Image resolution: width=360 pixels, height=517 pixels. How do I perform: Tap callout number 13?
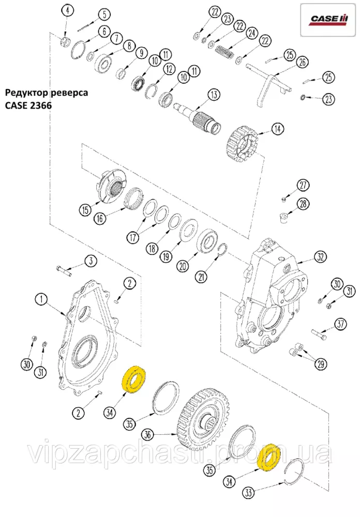213,95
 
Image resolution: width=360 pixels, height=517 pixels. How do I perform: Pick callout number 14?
278,129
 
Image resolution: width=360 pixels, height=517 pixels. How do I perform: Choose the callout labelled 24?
251,33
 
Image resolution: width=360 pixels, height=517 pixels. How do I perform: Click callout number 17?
134,238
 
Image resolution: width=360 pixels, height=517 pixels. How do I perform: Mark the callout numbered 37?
340,325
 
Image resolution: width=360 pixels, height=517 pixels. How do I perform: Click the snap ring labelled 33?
295,473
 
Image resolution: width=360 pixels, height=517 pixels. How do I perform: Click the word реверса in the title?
67,93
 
